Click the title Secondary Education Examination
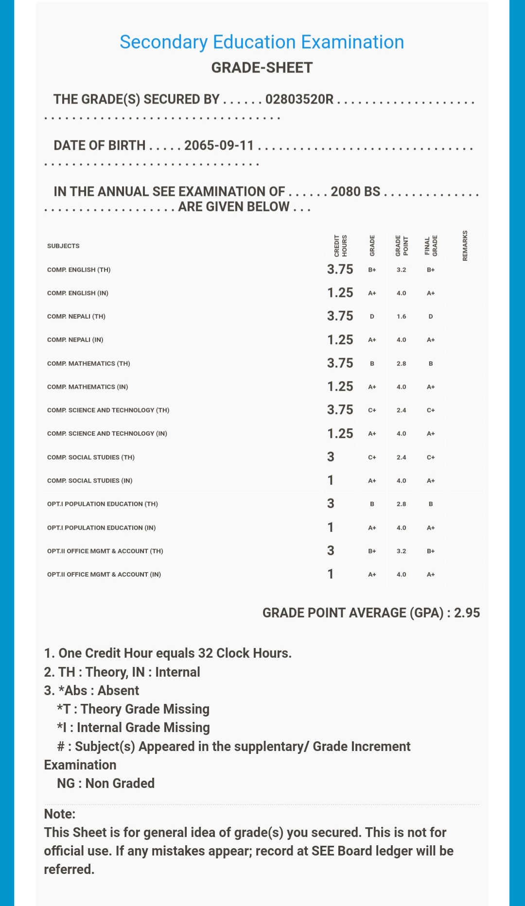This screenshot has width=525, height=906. [262, 42]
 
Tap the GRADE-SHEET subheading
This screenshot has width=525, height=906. [262, 68]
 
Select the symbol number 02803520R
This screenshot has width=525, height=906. [299, 100]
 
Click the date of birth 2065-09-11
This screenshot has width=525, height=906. [219, 146]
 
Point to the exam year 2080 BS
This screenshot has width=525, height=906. [355, 191]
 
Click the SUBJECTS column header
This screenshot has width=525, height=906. [63, 246]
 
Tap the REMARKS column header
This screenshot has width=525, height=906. [465, 245]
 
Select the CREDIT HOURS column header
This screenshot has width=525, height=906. [340, 245]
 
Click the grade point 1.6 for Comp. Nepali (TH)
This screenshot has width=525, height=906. [401, 317]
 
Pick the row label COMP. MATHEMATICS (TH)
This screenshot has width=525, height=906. [88, 363]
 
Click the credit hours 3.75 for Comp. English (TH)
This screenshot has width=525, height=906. [340, 270]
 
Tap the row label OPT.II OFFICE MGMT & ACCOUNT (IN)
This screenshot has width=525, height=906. [104, 574]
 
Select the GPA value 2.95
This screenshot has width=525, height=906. [467, 613]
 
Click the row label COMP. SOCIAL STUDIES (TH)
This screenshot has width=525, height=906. [91, 457]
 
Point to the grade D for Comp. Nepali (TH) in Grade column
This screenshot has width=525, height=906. [372, 317]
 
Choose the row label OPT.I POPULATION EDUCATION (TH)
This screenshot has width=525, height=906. [103, 504]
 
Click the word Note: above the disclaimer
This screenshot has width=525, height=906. [60, 814]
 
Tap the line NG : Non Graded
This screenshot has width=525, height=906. [105, 784]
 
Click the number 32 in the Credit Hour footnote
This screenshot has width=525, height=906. [205, 653]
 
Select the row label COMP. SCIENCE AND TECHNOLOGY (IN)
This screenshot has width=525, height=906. [107, 433]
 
